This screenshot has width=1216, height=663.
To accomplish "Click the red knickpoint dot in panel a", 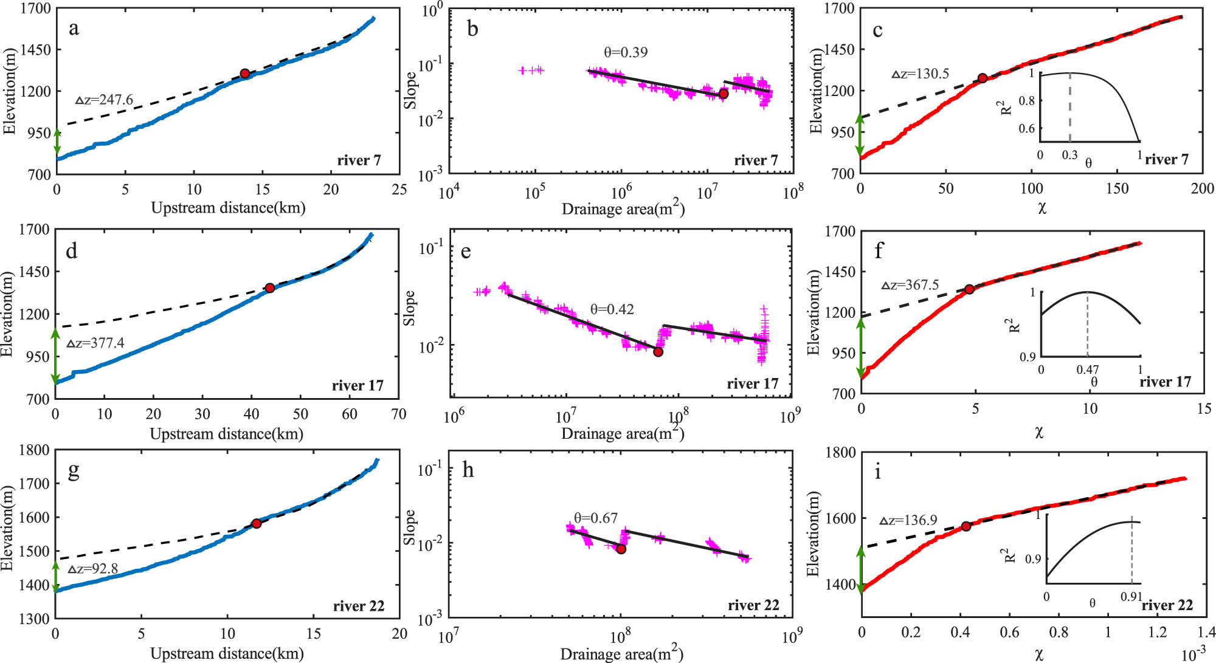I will click(245, 74).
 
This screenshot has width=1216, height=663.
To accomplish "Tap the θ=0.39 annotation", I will click(626, 52).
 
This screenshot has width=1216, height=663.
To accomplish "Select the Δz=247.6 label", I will click(104, 100).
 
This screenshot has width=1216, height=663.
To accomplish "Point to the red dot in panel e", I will click(658, 352).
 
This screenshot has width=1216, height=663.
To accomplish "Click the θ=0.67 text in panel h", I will click(596, 518).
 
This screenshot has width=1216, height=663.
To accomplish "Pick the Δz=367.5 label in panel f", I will click(910, 285).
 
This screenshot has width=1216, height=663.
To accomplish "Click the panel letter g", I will click(74, 470).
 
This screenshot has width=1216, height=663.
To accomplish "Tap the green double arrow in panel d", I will click(56, 356).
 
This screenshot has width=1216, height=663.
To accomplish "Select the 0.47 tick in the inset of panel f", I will click(1087, 369).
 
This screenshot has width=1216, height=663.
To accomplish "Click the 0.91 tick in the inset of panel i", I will click(1131, 597).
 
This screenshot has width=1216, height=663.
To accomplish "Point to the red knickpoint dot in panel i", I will click(966, 526).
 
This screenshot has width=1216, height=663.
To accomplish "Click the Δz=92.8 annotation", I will click(92, 569).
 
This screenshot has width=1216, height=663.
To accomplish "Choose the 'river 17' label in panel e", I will click(752, 384).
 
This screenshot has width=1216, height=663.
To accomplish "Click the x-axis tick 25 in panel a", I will click(399, 190).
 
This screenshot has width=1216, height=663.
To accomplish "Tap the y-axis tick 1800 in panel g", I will click(34, 450).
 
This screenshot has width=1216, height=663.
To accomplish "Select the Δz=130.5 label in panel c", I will click(921, 74).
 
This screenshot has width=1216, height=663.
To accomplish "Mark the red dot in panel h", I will click(621, 549).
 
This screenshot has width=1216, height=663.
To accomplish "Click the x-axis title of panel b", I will click(623, 209).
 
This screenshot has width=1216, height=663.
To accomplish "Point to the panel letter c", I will click(877, 30).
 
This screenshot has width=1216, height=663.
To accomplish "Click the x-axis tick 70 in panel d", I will click(398, 414).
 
